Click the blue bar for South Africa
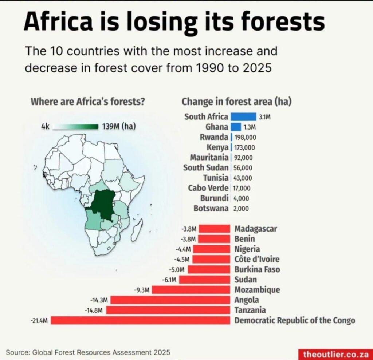243,117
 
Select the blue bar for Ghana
236,127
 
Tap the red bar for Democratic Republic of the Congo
141,320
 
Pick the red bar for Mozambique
191,290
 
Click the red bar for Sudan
205,280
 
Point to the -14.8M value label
94,310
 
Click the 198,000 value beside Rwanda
245,137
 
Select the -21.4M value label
39,321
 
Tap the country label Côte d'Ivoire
257,259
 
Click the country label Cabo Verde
208,188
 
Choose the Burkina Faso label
257,269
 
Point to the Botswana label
211,209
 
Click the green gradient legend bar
75,127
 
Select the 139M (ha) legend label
119,126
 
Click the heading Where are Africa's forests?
88,102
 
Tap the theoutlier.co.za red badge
335,354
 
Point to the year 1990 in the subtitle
210,68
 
